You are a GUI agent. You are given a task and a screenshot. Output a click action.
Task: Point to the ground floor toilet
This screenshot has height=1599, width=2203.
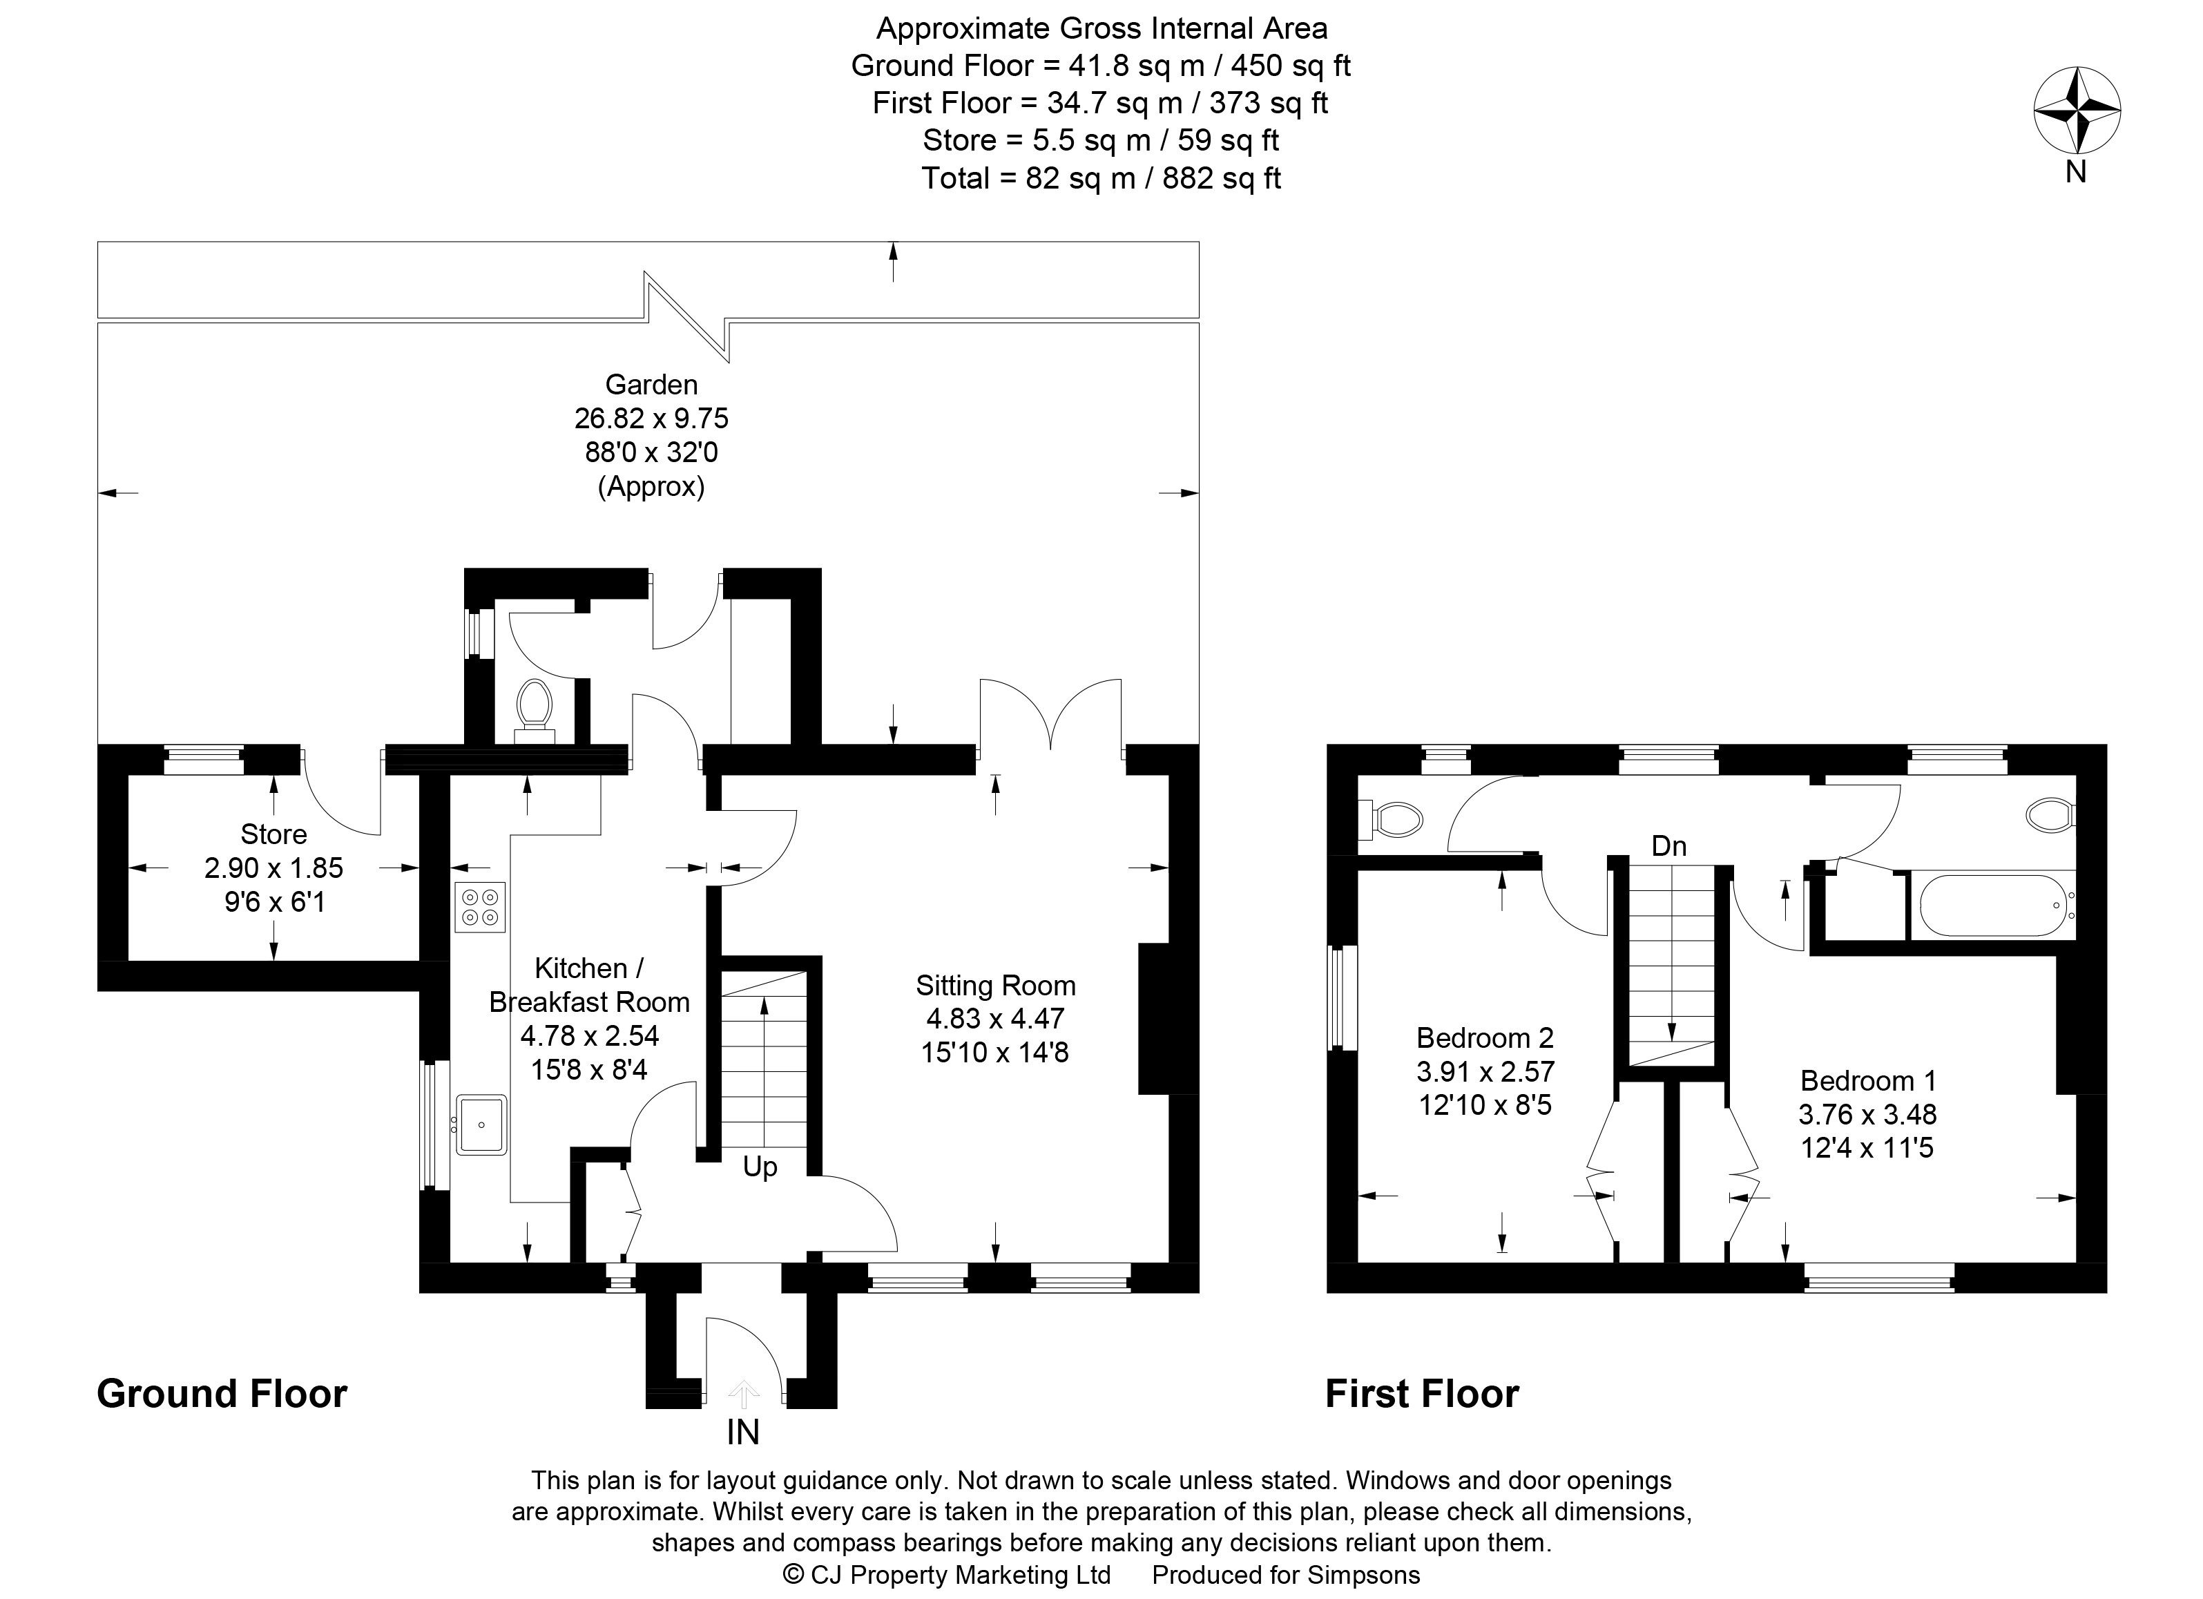coord(533,710)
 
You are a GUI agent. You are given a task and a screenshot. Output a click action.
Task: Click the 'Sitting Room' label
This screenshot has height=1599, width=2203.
coord(996,986)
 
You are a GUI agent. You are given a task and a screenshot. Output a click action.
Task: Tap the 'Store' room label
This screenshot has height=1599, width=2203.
coord(274,834)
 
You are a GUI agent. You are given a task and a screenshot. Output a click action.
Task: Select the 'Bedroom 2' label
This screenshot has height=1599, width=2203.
coord(1485,1037)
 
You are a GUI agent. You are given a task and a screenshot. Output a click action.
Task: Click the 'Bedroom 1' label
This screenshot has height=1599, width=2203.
coord(1868,1080)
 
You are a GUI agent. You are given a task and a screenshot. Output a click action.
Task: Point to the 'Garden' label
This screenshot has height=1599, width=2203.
coord(651,385)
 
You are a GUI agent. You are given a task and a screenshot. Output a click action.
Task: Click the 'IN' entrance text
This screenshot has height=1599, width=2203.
coord(743,1432)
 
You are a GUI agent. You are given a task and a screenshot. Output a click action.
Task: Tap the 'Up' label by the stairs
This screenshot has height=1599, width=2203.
coord(760,1167)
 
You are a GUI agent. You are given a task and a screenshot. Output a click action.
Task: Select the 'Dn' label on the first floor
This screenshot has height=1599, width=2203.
coord(1668,846)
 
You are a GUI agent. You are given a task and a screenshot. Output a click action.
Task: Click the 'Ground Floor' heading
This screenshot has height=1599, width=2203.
coord(222,1394)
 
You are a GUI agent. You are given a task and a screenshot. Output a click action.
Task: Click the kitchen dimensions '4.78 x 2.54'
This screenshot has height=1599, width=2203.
coord(590,1035)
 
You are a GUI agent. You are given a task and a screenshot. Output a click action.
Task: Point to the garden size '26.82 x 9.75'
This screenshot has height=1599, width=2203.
coord(651,419)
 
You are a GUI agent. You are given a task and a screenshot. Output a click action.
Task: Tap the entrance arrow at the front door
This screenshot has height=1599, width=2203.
coord(744,1394)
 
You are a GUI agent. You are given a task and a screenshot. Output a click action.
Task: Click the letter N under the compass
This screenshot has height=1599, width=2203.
coord(2076,171)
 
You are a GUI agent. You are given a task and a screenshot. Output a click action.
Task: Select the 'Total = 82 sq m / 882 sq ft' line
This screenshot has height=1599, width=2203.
coord(1101,178)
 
